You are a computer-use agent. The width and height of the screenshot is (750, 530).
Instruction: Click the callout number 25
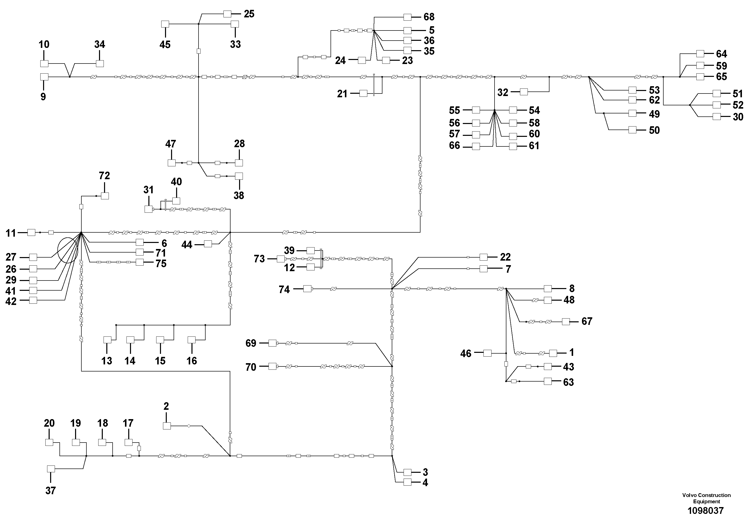coord(249,14)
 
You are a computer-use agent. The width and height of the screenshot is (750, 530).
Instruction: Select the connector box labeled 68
coord(407,17)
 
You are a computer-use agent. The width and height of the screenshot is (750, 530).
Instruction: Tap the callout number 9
coord(43,97)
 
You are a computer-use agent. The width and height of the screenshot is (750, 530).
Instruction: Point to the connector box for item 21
coord(363,93)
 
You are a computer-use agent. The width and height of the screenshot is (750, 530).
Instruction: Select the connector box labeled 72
coord(105,196)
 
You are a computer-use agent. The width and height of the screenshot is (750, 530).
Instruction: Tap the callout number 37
coord(51,490)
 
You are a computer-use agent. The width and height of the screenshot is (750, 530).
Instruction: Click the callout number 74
coord(284,290)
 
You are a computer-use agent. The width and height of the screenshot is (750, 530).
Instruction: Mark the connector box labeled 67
coord(566,322)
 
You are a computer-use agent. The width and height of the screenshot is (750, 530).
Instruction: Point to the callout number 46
coord(466,354)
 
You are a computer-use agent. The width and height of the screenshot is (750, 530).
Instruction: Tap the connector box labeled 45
coord(165,24)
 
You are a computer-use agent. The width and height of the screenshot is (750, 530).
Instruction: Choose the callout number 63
coord(568,382)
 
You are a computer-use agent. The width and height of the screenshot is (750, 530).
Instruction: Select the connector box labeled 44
coord(208,244)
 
